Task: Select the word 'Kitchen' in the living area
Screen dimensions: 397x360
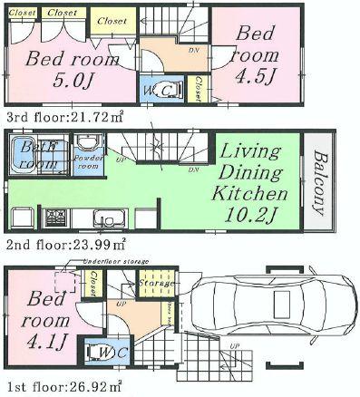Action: click(x=249, y=194)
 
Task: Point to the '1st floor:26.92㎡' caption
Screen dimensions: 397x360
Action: click(x=62, y=388)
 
